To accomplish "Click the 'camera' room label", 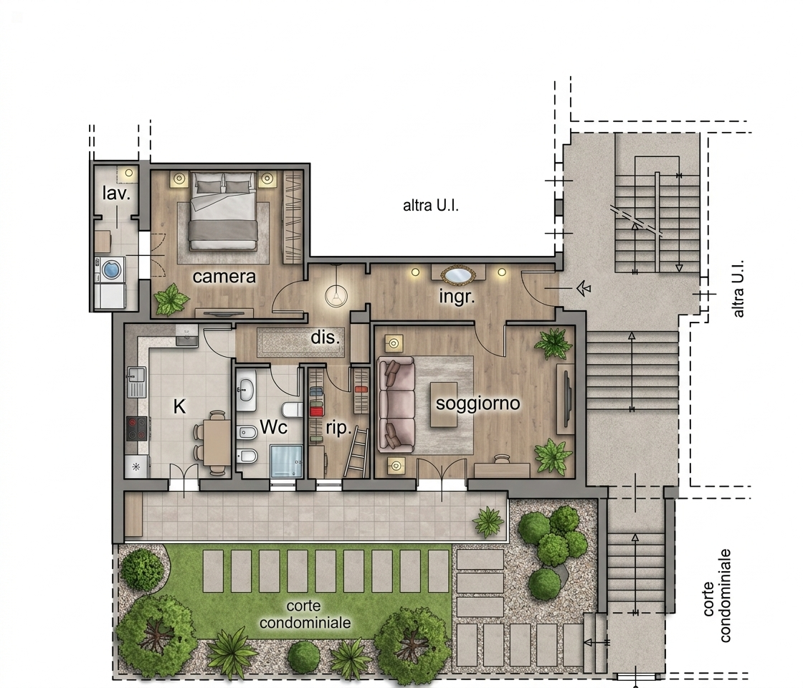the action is tap(224, 277).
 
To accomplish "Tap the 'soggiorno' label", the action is tap(477, 403).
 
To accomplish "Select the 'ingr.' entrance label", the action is tap(457, 297).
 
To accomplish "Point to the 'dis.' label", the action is tap(326, 338).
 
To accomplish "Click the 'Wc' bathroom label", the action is tap(273, 427).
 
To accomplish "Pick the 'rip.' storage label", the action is tap(338, 428).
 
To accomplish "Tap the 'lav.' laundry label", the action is tap(116, 193).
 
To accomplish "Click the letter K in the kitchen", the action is tap(179, 406).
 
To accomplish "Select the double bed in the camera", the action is tap(223, 211).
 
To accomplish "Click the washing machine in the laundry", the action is tap(112, 269).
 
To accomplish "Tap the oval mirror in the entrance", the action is tap(458, 275).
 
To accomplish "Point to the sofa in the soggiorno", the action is tap(395, 405).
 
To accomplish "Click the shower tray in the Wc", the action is tap(286, 461).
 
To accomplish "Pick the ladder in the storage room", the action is tap(356, 453).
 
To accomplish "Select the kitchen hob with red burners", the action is tap(137, 429).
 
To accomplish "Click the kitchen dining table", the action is tap(217, 442).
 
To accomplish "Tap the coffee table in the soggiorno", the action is tap(444, 404).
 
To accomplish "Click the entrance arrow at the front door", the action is tap(584, 289).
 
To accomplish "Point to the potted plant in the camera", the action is tap(171, 299).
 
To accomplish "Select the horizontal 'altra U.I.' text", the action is tap(431, 206).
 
